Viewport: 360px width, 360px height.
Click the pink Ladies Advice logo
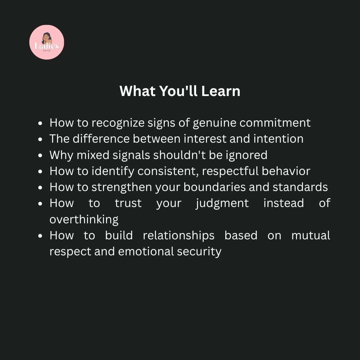[x=47, y=42]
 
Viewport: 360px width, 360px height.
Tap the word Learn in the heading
[x=221, y=91]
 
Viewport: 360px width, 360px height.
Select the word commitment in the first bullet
[x=275, y=123]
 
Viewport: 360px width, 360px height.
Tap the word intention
[x=278, y=139]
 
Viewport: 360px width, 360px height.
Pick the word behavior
[x=286, y=171]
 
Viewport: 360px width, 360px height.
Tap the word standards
[x=300, y=187]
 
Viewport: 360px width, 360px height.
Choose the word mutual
[x=311, y=236]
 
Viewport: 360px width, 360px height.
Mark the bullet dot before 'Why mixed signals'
[x=40, y=155]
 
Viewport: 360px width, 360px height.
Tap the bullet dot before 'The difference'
[x=40, y=139]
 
